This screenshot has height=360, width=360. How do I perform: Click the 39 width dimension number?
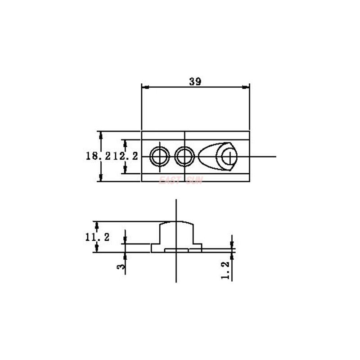pyautogui.click(x=195, y=81)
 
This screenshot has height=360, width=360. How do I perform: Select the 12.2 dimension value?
pyautogui.click(x=125, y=156)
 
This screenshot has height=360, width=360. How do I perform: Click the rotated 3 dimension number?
pyautogui.click(x=121, y=266)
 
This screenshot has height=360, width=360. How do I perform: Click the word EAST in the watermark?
pyautogui.click(x=169, y=180)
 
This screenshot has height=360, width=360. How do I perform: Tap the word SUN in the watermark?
pyautogui.click(x=194, y=180)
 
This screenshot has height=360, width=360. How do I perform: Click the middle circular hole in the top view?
pyautogui.click(x=184, y=157)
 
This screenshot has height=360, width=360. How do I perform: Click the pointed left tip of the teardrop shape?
pyautogui.click(x=199, y=157)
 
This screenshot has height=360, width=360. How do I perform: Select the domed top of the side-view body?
pyautogui.click(x=177, y=222)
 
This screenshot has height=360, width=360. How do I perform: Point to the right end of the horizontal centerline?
pyautogui.click(x=275, y=157)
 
